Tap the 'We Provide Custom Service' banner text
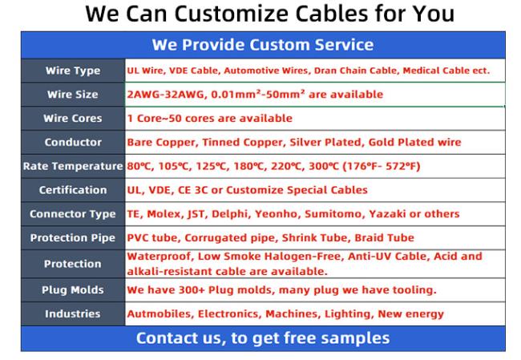[x=263, y=45]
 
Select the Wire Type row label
[x=73, y=71]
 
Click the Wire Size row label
[x=72, y=95]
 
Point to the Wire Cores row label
[x=72, y=119]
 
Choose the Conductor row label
[x=73, y=142]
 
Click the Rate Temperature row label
[x=73, y=166]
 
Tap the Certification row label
[x=73, y=190]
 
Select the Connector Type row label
[x=72, y=214]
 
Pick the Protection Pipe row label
[x=72, y=238]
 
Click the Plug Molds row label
[x=72, y=290]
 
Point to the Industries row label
[x=72, y=313]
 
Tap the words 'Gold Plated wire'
[x=414, y=142]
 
